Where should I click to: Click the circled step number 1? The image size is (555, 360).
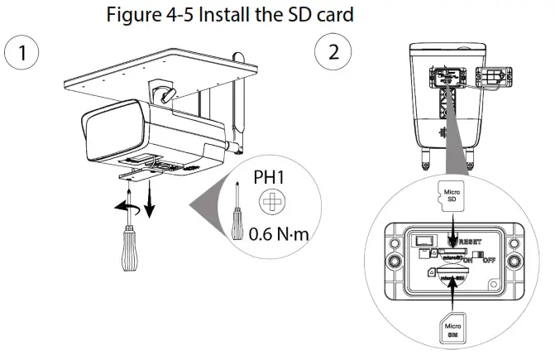[x=22, y=51]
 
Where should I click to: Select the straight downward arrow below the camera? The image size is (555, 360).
[x=150, y=199]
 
